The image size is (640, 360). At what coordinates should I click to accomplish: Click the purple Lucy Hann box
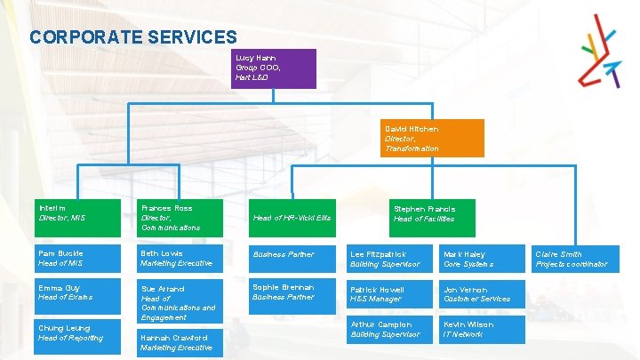tap(273, 68)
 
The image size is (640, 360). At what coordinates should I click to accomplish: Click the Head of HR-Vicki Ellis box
tap(292, 217)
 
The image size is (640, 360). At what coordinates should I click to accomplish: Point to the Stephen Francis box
tap(424, 213)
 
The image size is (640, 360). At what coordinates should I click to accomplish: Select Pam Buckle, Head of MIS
tap(78, 258)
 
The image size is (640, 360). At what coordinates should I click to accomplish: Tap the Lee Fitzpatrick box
tap(390, 259)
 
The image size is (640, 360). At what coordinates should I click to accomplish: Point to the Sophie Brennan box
tap(292, 292)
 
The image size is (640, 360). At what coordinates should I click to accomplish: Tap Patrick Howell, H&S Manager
tap(390, 294)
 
